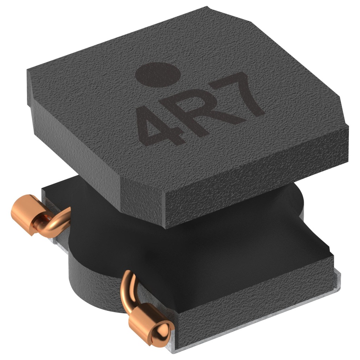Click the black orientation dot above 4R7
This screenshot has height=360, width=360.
click(158, 75)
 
